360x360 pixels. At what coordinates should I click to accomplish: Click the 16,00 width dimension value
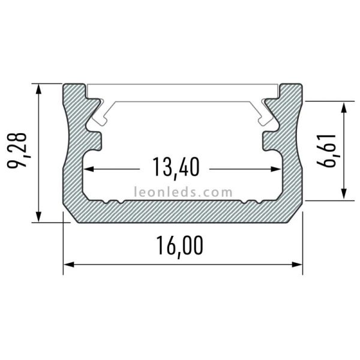point(180,245)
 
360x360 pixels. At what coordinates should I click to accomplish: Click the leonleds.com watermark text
point(183,193)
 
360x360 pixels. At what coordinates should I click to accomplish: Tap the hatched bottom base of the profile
point(180,211)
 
